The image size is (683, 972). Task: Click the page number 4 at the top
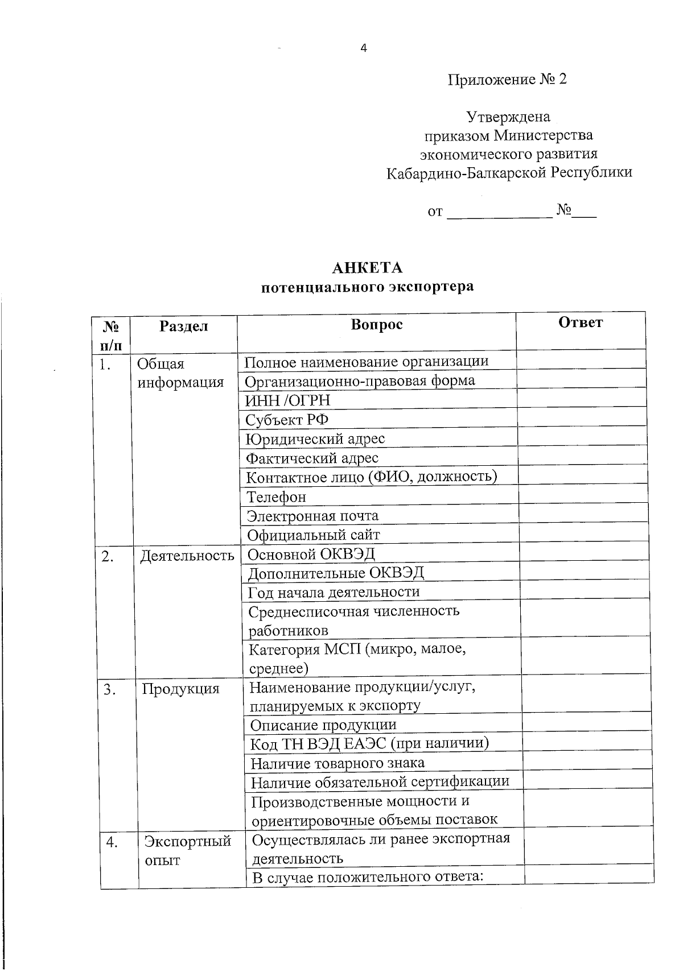(x=364, y=48)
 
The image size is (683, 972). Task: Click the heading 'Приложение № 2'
(x=507, y=80)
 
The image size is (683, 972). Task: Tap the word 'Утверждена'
(x=508, y=117)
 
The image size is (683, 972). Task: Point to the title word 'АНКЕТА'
(x=367, y=268)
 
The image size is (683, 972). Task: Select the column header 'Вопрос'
(x=377, y=324)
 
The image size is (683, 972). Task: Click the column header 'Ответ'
(x=581, y=322)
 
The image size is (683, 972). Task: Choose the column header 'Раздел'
(x=183, y=326)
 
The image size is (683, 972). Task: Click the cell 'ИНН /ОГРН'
(x=287, y=401)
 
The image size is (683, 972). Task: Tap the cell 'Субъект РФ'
(x=287, y=420)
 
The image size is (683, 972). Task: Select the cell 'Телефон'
(x=276, y=497)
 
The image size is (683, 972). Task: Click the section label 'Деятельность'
(x=187, y=555)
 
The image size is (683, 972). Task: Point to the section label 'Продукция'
(x=180, y=689)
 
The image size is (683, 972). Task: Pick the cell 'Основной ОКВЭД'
(x=311, y=554)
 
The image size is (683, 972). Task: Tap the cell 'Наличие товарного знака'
(x=338, y=763)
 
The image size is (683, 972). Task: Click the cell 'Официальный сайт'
(x=313, y=535)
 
